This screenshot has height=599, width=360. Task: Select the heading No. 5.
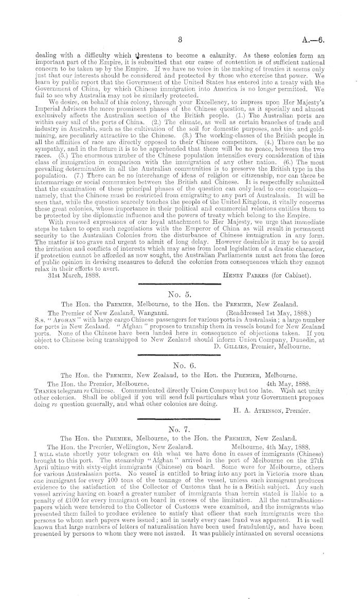[180, 294]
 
